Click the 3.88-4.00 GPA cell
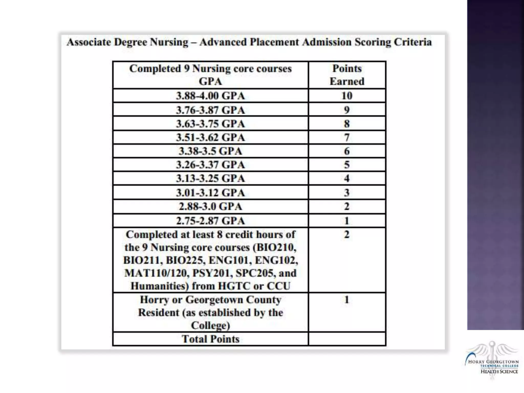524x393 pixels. click(x=210, y=96)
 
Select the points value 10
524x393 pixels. click(x=347, y=96)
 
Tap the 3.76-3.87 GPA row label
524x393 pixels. click(x=210, y=110)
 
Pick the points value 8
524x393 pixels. click(x=347, y=124)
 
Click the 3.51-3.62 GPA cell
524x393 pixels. click(x=210, y=138)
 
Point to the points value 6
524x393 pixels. click(x=347, y=151)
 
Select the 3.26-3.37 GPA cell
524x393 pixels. click(x=210, y=165)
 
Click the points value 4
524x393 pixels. click(x=347, y=178)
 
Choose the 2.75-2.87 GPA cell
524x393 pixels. click(x=210, y=221)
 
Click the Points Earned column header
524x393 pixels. click(x=347, y=75)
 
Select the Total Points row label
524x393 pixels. click(x=210, y=339)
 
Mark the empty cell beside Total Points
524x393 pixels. click(x=347, y=339)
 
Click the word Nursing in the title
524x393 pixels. click(x=169, y=42)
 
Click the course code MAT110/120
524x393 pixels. click(x=157, y=273)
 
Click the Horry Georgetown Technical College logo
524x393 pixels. click(x=492, y=361)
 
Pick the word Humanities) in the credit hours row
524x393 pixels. click(x=159, y=286)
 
